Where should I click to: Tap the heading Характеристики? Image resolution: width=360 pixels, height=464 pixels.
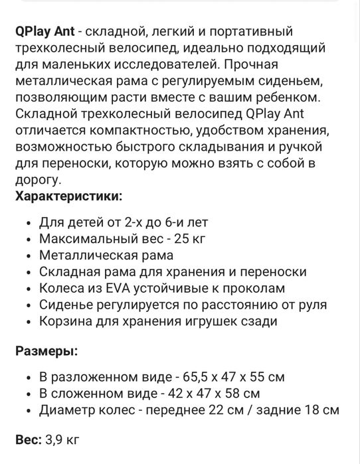point(68,196)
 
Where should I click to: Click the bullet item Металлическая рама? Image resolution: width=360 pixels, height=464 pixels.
point(106,255)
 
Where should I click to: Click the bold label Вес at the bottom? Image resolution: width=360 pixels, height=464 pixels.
point(27,439)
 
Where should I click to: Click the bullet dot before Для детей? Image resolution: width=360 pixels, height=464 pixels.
point(26,222)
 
